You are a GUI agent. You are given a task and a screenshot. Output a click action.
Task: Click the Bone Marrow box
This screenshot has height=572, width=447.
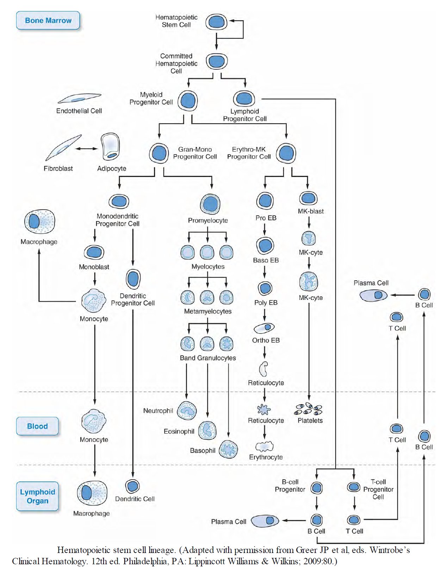pyautogui.click(x=48, y=20)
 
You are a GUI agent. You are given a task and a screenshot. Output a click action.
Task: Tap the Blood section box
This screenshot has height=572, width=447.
pyautogui.click(x=37, y=426)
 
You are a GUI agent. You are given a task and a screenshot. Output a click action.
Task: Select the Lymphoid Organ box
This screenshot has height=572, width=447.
pyautogui.click(x=37, y=496)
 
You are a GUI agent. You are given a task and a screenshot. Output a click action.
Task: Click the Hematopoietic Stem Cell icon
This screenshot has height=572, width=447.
pyautogui.click(x=216, y=22)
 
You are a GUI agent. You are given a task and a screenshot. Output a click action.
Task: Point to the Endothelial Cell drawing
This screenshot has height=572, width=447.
pyautogui.click(x=80, y=98)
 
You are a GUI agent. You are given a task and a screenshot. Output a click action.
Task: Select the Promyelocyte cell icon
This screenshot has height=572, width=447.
pyautogui.click(x=210, y=204)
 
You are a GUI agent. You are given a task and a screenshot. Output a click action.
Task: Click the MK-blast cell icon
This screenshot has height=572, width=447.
pyautogui.click(x=308, y=198)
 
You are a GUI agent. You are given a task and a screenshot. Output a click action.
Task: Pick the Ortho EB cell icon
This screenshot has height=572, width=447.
pyautogui.click(x=264, y=328)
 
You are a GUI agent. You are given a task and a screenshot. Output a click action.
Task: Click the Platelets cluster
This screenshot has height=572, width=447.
pyautogui.click(x=308, y=409)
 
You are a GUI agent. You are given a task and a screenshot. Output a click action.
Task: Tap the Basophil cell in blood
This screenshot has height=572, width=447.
pyautogui.click(x=228, y=449)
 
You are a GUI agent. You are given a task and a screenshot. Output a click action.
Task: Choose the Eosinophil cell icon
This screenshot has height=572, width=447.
pyautogui.click(x=207, y=430)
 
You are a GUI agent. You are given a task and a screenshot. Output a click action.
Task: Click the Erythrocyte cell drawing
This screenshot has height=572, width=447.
pyautogui.click(x=265, y=447)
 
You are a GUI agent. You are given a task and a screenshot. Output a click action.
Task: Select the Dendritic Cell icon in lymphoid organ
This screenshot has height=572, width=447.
pyautogui.click(x=132, y=486)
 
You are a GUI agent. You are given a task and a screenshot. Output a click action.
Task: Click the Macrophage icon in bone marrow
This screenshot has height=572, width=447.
pyautogui.click(x=39, y=222)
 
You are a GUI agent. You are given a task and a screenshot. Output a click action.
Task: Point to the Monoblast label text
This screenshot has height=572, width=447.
pyautogui.click(x=94, y=267)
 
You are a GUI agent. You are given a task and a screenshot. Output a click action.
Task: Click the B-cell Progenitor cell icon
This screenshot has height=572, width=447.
pyautogui.click(x=316, y=488)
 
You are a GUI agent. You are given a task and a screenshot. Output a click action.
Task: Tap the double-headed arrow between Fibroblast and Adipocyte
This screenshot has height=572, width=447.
pyautogui.click(x=86, y=149)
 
